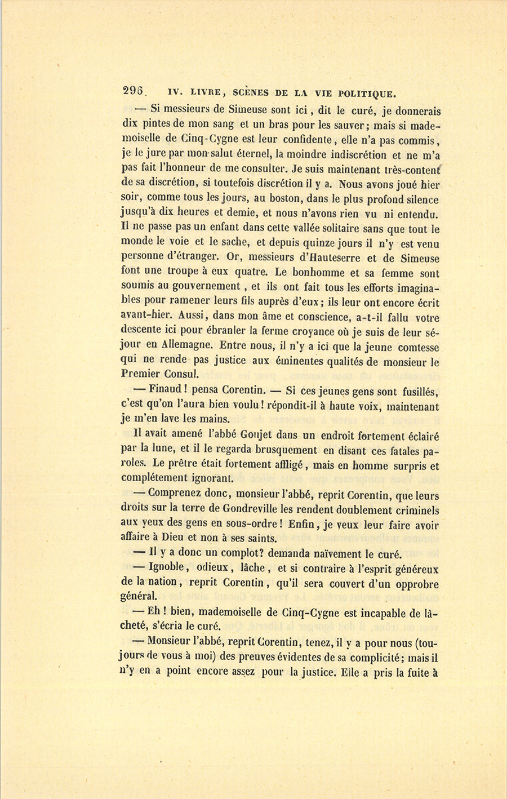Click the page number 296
click(x=134, y=92)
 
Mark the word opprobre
click(x=413, y=584)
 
